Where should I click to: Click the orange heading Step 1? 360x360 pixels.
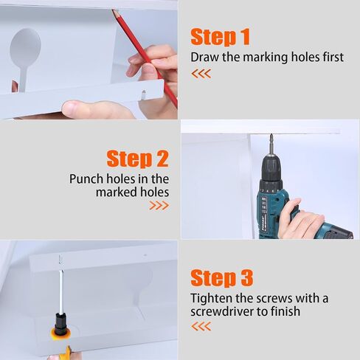[x=221, y=37]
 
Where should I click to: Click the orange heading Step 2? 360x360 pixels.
[x=138, y=159]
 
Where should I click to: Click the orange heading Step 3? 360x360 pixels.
[x=221, y=278]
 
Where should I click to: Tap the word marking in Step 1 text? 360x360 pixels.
[x=265, y=58]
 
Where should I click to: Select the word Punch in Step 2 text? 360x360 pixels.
[x=86, y=179]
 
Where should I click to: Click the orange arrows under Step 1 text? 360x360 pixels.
[x=201, y=74]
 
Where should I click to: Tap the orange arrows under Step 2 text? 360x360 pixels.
[x=159, y=206]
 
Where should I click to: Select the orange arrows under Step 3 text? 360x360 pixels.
[x=201, y=326]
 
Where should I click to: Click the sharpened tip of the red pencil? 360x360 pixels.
[x=114, y=11]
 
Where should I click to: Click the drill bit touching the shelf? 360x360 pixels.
[x=271, y=145]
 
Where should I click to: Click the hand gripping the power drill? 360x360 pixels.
[x=302, y=220]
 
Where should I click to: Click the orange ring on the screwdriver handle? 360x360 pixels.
[x=60, y=333]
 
